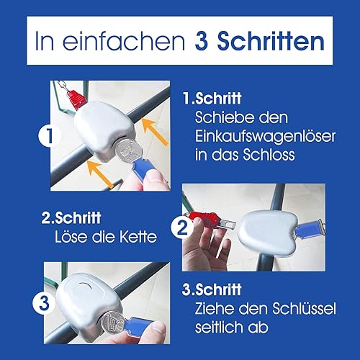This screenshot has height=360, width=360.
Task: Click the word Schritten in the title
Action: (x=271, y=40)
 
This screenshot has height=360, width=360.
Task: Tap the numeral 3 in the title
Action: (x=202, y=41)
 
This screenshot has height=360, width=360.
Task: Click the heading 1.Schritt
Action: (x=212, y=98)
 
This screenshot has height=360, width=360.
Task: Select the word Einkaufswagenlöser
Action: (x=265, y=136)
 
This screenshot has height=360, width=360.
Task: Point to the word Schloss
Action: (x=269, y=155)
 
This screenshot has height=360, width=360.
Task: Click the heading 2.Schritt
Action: (x=71, y=217)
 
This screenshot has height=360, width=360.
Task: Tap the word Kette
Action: (x=138, y=237)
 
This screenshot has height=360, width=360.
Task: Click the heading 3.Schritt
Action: (x=212, y=289)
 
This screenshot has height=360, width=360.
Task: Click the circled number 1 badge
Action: (x=49, y=135)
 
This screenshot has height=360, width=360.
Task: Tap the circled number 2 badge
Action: (x=182, y=228)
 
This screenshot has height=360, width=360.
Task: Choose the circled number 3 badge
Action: (x=44, y=303)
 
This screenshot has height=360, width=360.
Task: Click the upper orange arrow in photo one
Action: (x=155, y=132)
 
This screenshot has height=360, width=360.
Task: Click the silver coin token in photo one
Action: (x=128, y=150)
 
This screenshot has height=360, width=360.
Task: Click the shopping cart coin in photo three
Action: (x=113, y=322)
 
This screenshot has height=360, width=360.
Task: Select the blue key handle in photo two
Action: (x=310, y=229)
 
